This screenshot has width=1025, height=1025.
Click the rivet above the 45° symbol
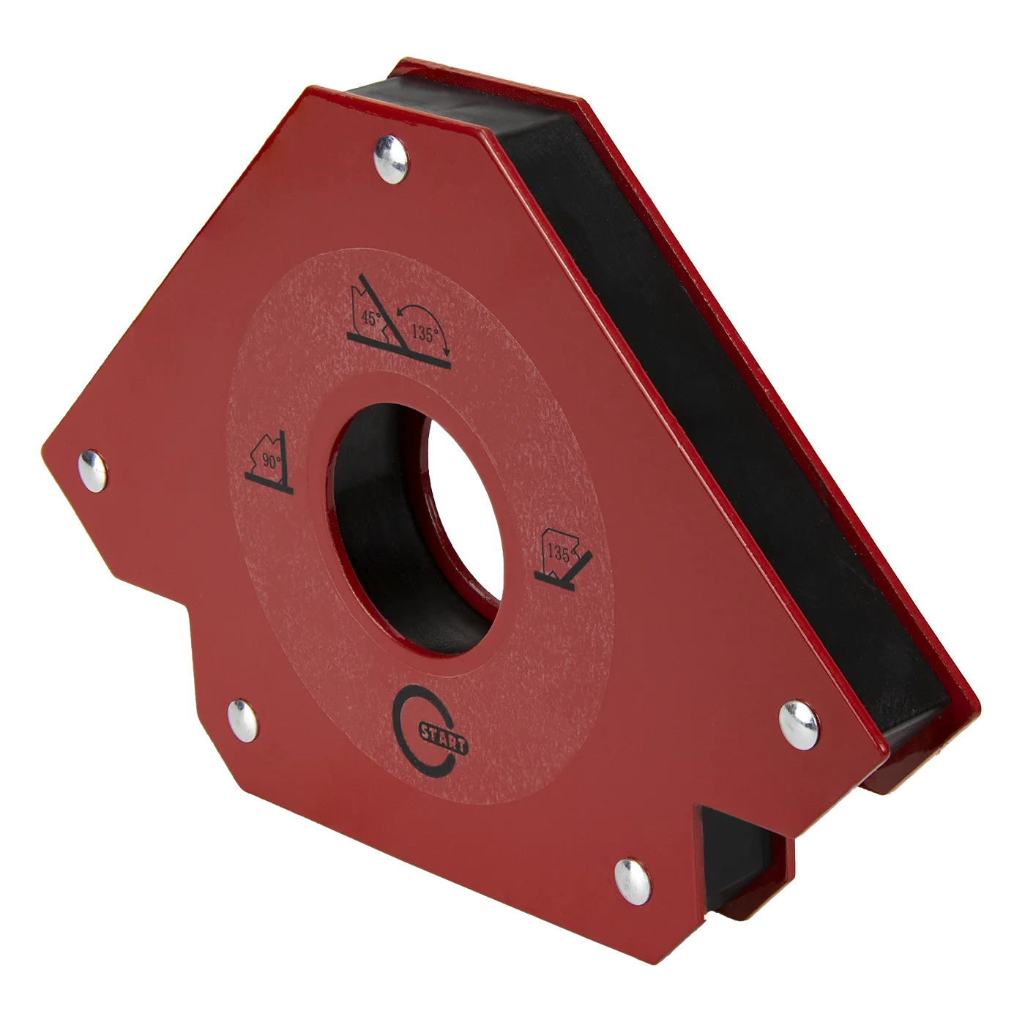click(392, 160)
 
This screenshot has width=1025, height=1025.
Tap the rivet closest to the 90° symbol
click(92, 470)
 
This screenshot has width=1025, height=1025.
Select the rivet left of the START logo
click(242, 720)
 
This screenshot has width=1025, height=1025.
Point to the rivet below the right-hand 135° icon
click(799, 726)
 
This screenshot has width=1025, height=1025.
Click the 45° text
click(372, 318)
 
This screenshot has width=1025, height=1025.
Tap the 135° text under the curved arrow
click(425, 335)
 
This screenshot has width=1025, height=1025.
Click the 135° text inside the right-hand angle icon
click(559, 553)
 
